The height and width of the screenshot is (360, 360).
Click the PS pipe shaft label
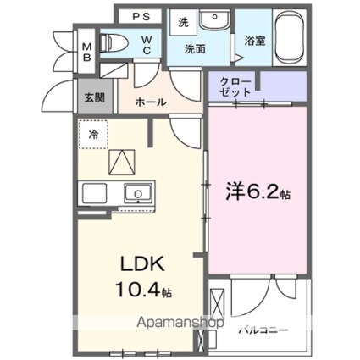tap(141, 17)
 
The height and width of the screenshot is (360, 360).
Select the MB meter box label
tap(86, 52)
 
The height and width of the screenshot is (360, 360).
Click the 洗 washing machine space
tap(183, 23)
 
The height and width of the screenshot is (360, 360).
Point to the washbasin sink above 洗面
tap(215, 19)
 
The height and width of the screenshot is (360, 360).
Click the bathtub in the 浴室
tap(290, 37)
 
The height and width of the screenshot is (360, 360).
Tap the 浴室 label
tap(255, 42)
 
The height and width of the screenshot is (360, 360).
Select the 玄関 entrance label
tap(95, 97)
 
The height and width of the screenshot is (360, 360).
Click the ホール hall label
tap(151, 102)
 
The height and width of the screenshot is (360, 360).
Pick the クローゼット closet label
tap(235, 87)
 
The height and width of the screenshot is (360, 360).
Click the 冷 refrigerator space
tap(93, 135)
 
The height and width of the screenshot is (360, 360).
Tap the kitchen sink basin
tap(138, 193)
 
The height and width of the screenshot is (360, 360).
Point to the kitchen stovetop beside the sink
tap(94, 193)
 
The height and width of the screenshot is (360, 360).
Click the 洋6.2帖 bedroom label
tap(258, 192)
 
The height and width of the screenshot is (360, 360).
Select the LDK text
tap(142, 264)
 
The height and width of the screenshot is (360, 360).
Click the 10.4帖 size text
tap(143, 290)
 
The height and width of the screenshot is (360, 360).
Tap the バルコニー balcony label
tap(263, 330)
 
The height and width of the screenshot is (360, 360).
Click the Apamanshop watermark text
tap(180, 323)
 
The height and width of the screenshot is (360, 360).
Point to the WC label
tap(147, 45)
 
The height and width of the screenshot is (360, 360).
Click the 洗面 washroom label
tap(195, 49)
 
